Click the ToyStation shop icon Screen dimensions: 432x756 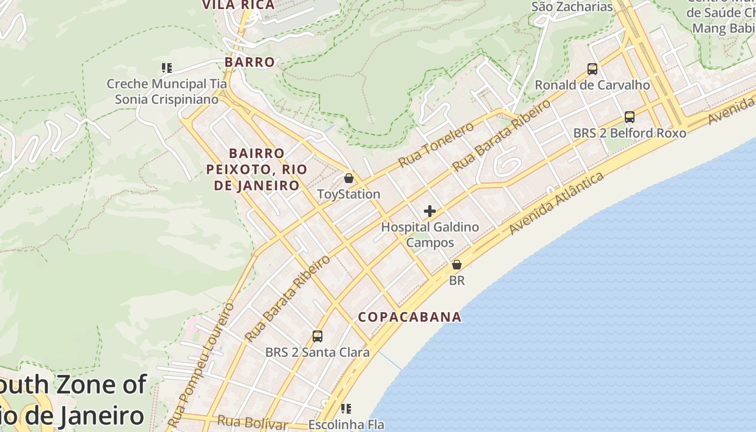[x=349, y=178]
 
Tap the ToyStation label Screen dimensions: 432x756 [x=349, y=194]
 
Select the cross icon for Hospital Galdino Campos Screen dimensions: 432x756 [x=430, y=211]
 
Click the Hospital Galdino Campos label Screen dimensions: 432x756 [x=430, y=235]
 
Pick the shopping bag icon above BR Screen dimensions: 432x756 [x=457, y=265]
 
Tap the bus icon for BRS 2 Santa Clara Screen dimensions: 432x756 [x=318, y=336]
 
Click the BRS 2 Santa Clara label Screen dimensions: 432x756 [x=318, y=353]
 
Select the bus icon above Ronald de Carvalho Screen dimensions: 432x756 [x=592, y=69]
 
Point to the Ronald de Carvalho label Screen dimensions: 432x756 [x=592, y=85]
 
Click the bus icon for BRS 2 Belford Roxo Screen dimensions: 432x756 [x=630, y=117]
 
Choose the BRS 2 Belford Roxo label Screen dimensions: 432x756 [x=630, y=133]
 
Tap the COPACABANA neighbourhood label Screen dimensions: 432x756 [x=410, y=317]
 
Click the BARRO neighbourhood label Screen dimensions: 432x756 [x=250, y=62]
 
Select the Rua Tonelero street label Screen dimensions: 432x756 [x=436, y=144]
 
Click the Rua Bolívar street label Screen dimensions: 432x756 [x=253, y=422]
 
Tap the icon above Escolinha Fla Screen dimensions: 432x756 [x=346, y=409]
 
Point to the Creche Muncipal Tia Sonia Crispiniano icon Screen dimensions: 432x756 [x=167, y=68]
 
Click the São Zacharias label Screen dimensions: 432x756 [x=572, y=7]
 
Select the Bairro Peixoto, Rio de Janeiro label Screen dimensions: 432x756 [x=256, y=170]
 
